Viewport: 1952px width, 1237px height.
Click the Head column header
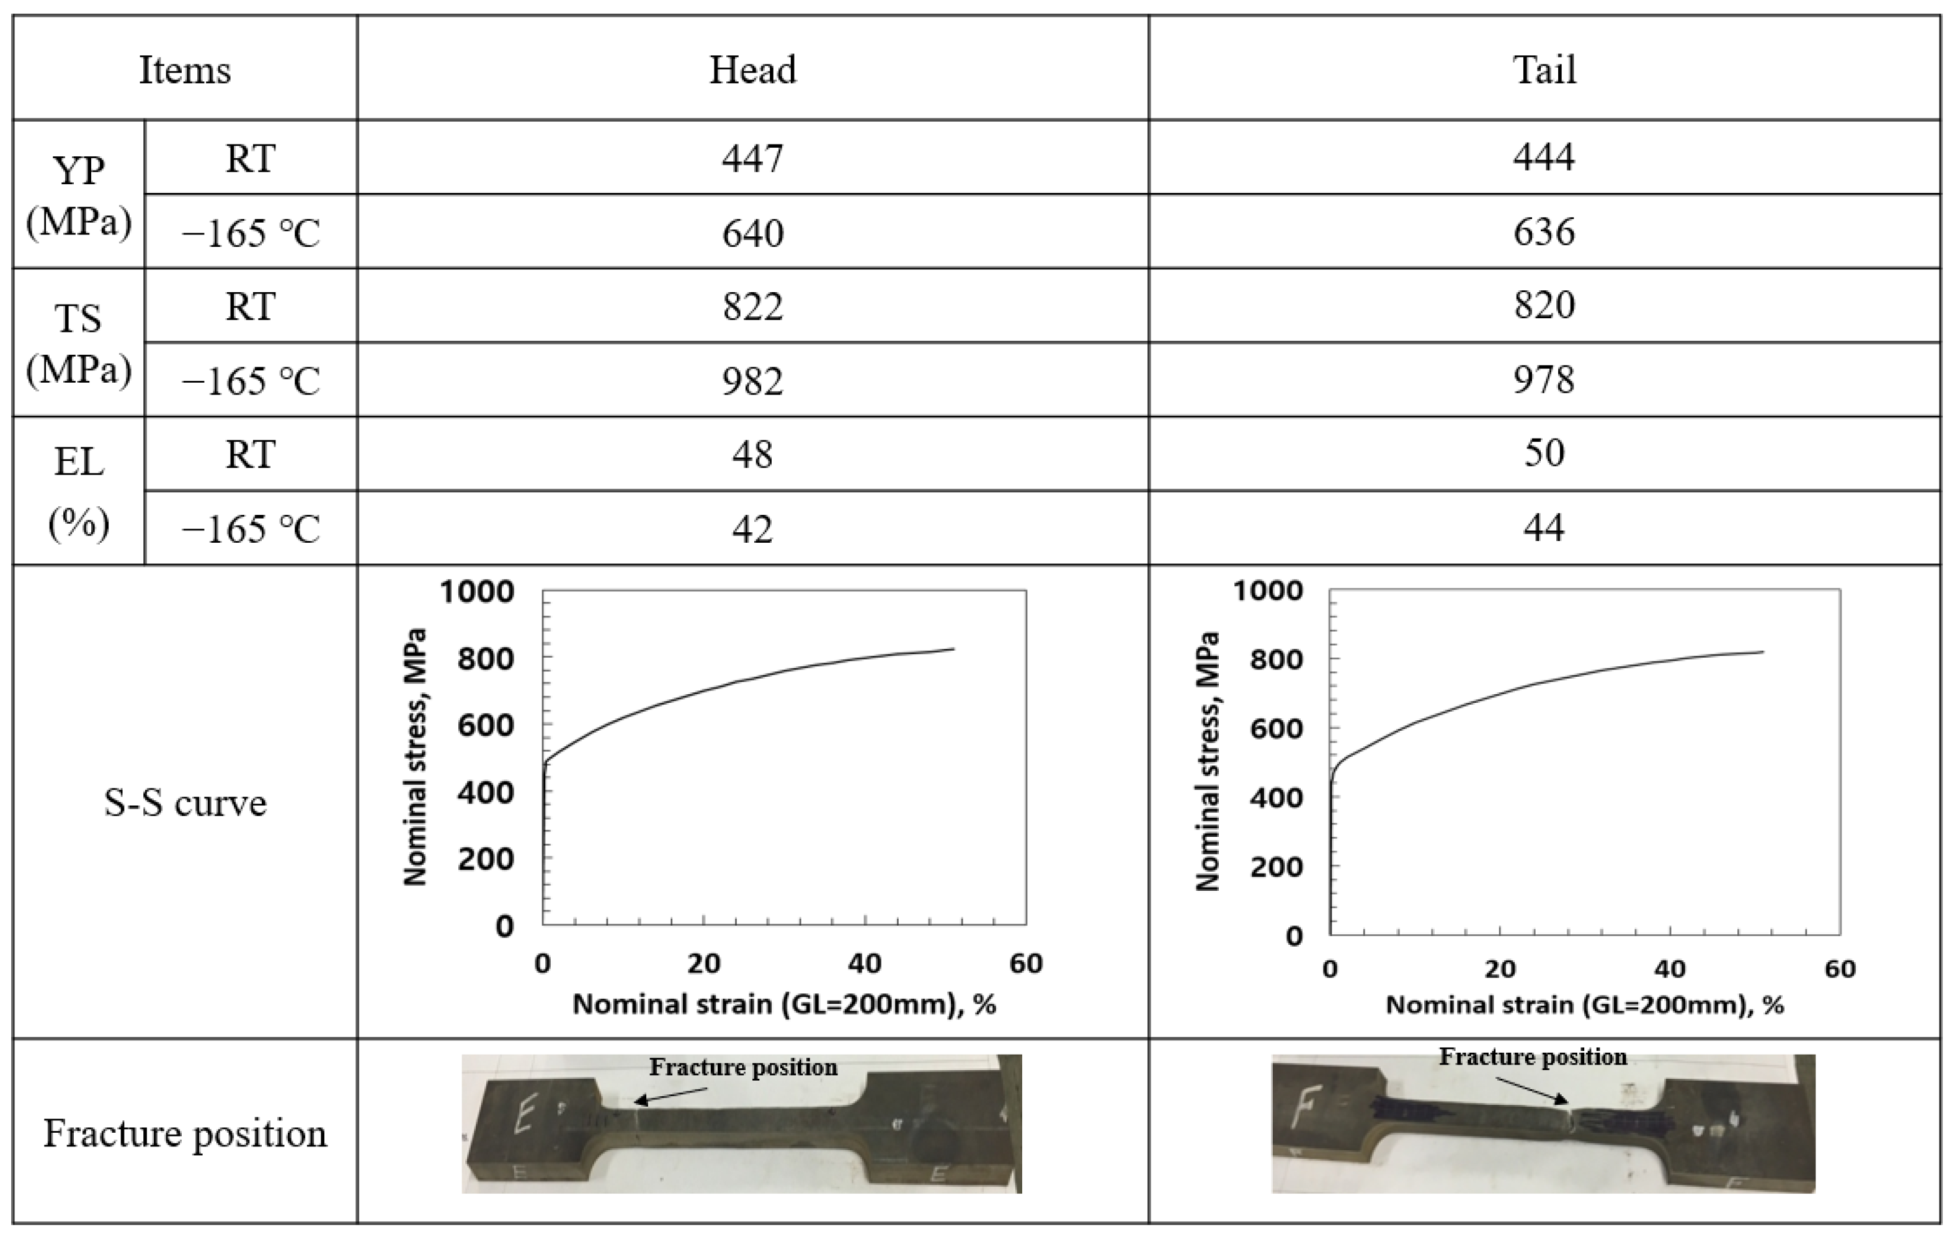pos(752,69)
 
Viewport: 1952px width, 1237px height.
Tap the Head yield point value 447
pos(752,157)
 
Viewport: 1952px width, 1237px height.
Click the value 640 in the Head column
pos(752,233)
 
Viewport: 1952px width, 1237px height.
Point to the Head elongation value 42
pos(752,529)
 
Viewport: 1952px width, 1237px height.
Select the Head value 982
pos(752,380)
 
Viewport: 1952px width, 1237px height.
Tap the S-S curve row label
pos(185,803)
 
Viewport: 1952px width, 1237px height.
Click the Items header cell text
pos(185,69)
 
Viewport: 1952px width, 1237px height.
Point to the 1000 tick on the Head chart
pos(476,592)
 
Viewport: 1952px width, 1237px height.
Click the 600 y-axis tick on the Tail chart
pos(1276,728)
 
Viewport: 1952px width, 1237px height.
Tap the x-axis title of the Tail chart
pos(1584,1005)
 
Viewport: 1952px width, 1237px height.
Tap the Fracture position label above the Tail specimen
pos(1532,1057)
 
